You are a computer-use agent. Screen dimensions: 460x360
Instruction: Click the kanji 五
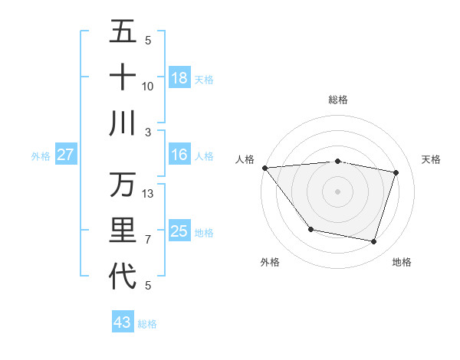[x=123, y=31]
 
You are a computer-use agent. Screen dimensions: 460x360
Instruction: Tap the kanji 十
[x=123, y=77]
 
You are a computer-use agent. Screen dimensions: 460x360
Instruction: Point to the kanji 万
[x=123, y=185]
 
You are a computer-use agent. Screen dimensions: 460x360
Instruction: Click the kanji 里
[x=123, y=231]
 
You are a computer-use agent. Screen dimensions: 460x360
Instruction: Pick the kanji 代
[x=123, y=277]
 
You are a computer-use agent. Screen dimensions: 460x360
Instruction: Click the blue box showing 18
[x=179, y=78]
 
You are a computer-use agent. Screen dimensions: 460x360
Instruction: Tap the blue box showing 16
[x=179, y=155]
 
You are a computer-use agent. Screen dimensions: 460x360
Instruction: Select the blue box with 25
[x=179, y=231]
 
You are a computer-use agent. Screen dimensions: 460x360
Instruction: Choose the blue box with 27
[x=65, y=155]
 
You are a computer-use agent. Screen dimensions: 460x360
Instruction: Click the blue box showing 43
[x=123, y=322]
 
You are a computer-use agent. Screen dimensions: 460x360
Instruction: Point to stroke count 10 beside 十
[x=148, y=86]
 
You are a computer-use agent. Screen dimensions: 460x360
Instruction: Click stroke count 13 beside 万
[x=148, y=194]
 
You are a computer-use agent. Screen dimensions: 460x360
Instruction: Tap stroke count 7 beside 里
[x=148, y=240]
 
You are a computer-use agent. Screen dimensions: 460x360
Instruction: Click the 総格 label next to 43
[x=147, y=324]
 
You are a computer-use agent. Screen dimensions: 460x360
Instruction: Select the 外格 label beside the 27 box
[x=41, y=156]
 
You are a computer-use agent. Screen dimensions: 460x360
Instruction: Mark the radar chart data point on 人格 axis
[x=264, y=168]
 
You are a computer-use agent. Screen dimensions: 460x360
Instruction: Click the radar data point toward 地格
[x=374, y=242]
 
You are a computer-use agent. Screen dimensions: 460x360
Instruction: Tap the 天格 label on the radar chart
[x=431, y=159]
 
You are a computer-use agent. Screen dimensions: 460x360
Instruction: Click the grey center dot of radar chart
[x=337, y=191]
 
